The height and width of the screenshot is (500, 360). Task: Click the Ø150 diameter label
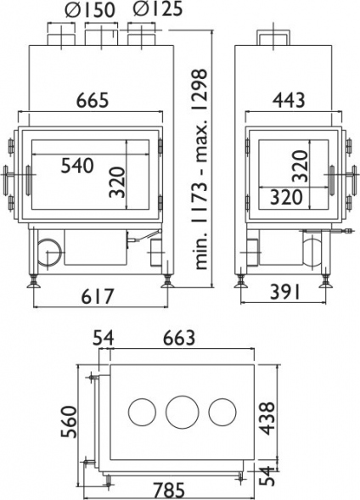(90, 10)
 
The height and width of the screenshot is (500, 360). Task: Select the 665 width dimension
(93, 100)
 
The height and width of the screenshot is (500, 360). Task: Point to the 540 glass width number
(77, 166)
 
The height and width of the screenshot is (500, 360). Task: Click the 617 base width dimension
(98, 296)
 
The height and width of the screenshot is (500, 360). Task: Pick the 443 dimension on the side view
(289, 100)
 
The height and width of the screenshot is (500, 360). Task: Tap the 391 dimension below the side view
(284, 292)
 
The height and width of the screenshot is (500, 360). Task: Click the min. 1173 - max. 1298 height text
(200, 169)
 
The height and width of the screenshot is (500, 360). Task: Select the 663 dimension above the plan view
(179, 338)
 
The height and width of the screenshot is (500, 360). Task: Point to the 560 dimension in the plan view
(70, 422)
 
